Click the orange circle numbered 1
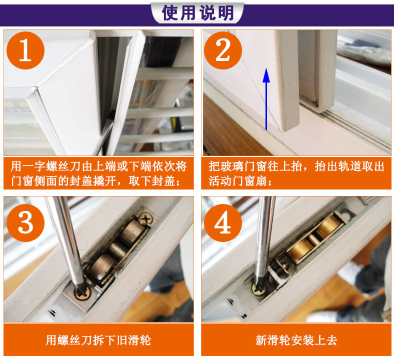(x=25, y=50)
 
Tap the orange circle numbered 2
(x=223, y=50)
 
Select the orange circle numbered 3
(x=25, y=223)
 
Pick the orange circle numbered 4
(x=223, y=223)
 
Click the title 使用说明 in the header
(x=198, y=13)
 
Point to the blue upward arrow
(x=266, y=98)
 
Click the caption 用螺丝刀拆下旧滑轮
(x=98, y=340)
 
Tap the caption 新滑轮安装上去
(x=296, y=340)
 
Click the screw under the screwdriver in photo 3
(x=82, y=293)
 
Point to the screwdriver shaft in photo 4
(x=264, y=238)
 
